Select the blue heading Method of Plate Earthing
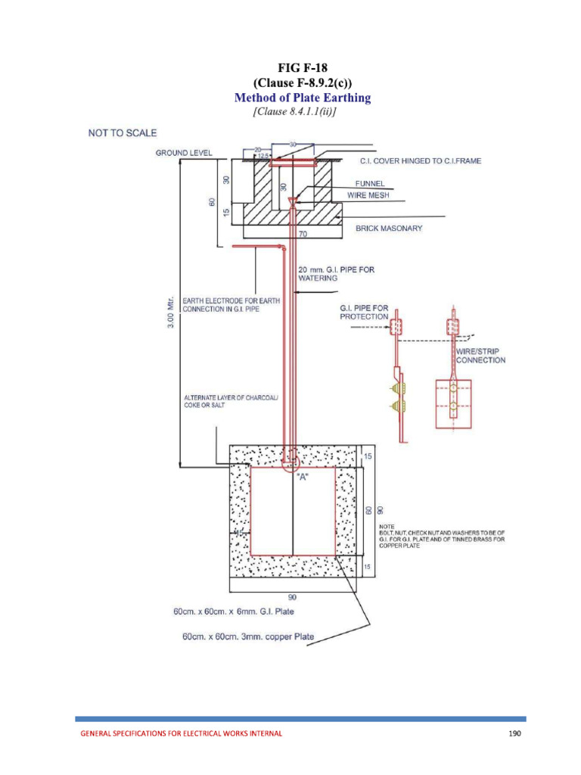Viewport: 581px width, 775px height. (302, 98)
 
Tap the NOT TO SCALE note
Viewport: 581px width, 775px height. (123, 133)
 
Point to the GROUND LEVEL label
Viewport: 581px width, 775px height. (184, 153)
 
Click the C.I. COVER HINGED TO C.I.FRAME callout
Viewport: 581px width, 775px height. (413, 161)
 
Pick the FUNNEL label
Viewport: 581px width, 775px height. (371, 183)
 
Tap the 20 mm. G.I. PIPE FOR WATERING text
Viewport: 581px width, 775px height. (336, 273)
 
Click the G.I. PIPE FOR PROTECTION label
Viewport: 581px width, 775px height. (364, 312)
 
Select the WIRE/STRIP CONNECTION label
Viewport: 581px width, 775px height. (480, 356)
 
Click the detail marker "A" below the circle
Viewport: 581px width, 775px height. (290, 477)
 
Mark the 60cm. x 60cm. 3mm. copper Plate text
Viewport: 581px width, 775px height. (248, 636)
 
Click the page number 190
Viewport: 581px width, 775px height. (514, 733)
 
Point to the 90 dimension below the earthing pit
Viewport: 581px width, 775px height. (291, 596)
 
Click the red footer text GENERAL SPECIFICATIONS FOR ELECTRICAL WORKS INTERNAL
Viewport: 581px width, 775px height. (182, 733)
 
